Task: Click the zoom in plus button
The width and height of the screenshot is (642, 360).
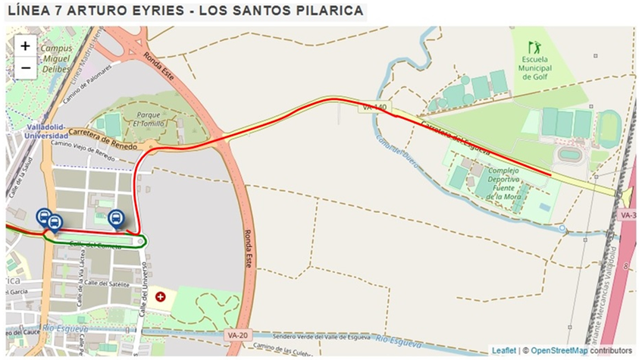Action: point(25,45)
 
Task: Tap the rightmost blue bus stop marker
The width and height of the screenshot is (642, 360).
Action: point(116,219)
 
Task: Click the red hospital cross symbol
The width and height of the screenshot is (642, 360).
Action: point(160,296)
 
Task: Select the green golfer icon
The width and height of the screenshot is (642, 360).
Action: point(534,47)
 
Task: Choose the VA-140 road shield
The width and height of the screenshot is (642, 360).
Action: point(374,108)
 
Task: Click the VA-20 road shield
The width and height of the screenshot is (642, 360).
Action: point(237,334)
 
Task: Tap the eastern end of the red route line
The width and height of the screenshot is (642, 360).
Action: point(550,175)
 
